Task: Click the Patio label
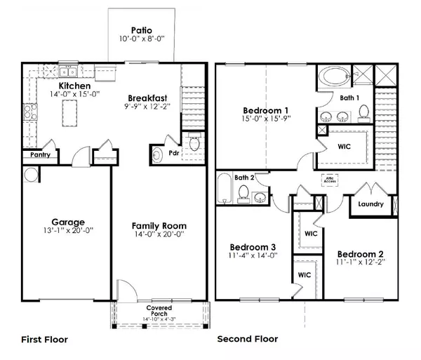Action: click(138, 30)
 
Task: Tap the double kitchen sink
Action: click(68, 71)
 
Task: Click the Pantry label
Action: click(39, 155)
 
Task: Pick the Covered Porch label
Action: click(159, 308)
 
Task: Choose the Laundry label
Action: click(370, 205)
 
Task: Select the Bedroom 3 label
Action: click(253, 247)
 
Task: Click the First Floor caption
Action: click(44, 339)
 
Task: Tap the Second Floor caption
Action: click(247, 339)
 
